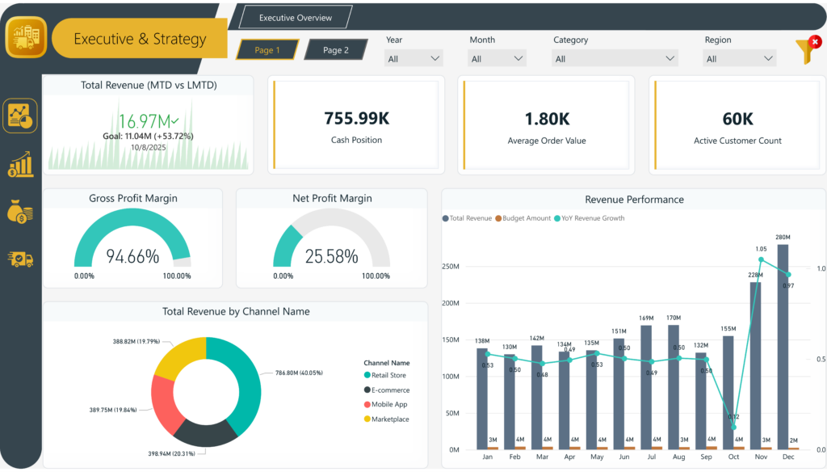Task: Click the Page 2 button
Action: point(335,50)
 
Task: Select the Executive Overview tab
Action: point(295,18)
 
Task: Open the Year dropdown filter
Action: point(414,59)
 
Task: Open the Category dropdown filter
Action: point(615,59)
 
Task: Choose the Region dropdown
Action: point(740,59)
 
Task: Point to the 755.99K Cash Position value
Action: point(356,119)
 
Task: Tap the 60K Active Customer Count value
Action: point(737,119)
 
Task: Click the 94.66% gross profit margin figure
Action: point(132,257)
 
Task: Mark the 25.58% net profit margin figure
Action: point(331,257)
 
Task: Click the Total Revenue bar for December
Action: point(783,348)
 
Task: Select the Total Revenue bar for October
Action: point(728,392)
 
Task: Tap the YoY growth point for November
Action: point(761,259)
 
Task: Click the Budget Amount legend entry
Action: point(523,218)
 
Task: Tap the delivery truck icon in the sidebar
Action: point(20,259)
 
